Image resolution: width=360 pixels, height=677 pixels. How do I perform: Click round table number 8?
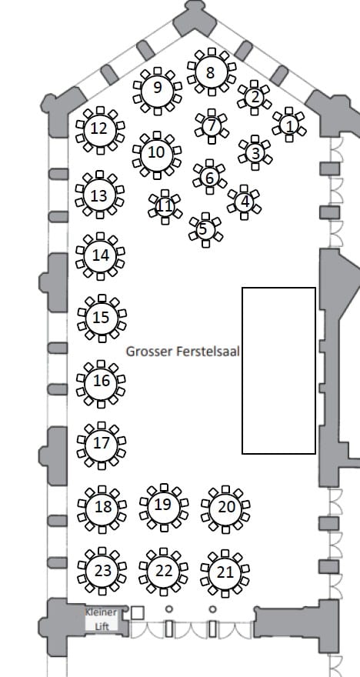[211, 72]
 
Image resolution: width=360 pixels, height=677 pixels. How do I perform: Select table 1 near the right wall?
[289, 125]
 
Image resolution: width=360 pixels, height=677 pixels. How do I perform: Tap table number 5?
[205, 230]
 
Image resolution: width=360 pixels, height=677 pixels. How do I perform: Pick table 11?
[165, 207]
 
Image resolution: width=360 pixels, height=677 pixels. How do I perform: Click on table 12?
[100, 129]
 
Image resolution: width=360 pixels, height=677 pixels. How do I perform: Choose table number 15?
[102, 318]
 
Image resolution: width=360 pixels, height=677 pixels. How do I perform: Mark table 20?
[225, 509]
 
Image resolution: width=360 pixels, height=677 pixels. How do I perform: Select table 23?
[102, 571]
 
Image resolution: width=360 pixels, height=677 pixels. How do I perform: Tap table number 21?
[225, 573]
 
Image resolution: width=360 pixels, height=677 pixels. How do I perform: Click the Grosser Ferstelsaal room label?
[182, 352]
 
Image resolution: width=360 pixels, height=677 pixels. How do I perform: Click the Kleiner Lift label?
[101, 619]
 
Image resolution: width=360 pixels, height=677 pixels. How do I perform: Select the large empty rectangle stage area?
[278, 371]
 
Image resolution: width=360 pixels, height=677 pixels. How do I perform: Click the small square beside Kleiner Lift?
[137, 612]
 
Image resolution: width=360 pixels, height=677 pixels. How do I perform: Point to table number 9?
[158, 90]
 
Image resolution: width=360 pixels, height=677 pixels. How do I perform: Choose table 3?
[255, 153]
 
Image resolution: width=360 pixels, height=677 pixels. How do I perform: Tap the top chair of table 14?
[101, 236]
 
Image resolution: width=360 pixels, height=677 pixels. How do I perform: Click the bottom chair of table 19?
[164, 528]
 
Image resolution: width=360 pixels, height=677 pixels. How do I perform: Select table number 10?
[157, 155]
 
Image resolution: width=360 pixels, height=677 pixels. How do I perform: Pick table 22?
[164, 572]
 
